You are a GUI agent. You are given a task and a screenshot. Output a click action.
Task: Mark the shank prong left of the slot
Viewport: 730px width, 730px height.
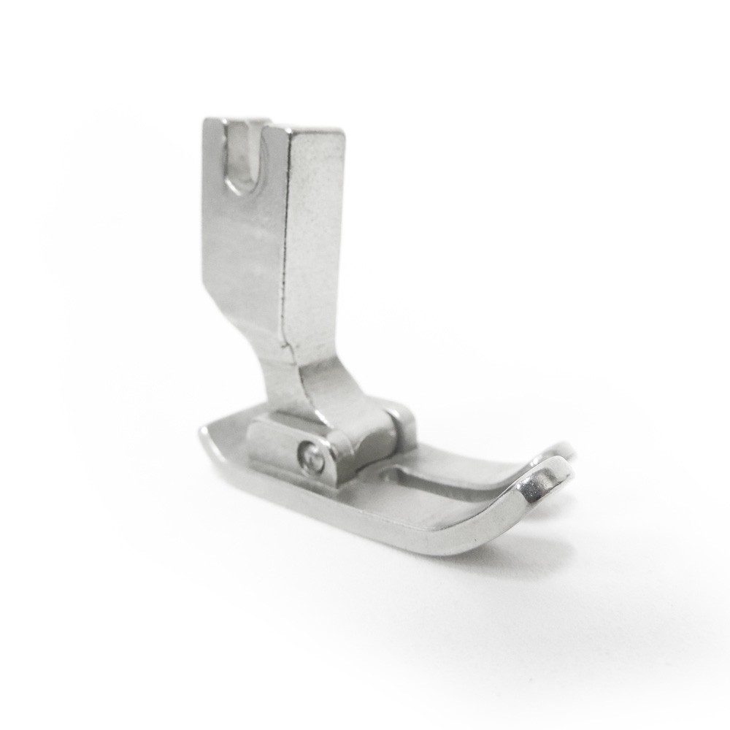(215, 146)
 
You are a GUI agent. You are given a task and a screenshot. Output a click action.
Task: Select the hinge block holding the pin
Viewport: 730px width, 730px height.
(292, 445)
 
